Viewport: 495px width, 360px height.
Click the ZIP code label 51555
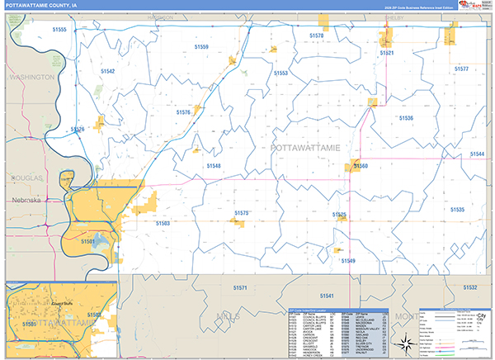point(59,30)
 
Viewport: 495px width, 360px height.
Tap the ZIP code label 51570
point(317,36)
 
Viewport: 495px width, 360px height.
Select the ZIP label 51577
point(461,69)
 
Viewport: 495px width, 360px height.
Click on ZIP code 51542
point(107,72)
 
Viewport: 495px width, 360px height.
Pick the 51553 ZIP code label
point(280,73)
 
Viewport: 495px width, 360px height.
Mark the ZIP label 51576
point(184,111)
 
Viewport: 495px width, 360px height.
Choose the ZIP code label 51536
point(406,118)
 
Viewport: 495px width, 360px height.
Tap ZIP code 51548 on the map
point(214,166)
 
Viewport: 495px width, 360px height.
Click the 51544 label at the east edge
point(478,154)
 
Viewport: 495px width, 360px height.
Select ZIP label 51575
point(241,213)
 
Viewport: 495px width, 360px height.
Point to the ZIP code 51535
point(458,211)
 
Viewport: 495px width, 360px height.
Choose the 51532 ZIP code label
point(469,287)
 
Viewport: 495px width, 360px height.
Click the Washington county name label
point(31,77)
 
